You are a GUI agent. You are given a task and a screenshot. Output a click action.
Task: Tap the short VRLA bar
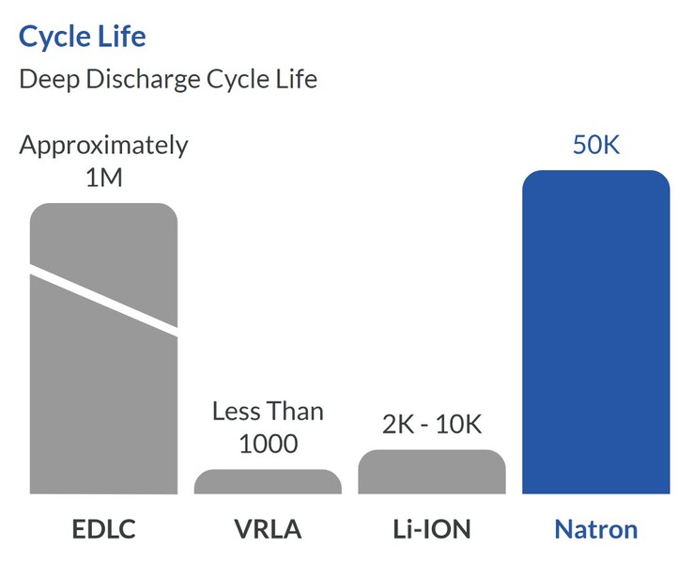[x=268, y=481]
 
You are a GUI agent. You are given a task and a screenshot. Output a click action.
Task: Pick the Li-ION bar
[x=432, y=472]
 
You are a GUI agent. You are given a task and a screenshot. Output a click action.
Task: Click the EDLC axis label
[x=103, y=528]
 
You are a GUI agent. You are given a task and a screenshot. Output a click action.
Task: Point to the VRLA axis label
[x=268, y=528]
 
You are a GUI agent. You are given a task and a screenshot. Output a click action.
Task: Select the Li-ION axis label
[x=432, y=528]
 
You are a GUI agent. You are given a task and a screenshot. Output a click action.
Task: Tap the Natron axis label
[x=595, y=528]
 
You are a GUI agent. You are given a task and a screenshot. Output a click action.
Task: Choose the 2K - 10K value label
[x=432, y=425]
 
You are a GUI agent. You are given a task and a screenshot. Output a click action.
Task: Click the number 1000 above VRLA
[x=268, y=444]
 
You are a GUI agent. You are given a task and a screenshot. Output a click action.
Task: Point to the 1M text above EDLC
[x=103, y=178]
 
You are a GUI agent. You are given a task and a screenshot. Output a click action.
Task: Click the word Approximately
[x=103, y=146]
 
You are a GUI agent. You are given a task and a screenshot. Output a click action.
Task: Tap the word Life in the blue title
[x=122, y=38]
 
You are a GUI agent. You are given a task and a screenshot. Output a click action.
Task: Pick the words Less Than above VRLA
[x=268, y=412]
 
